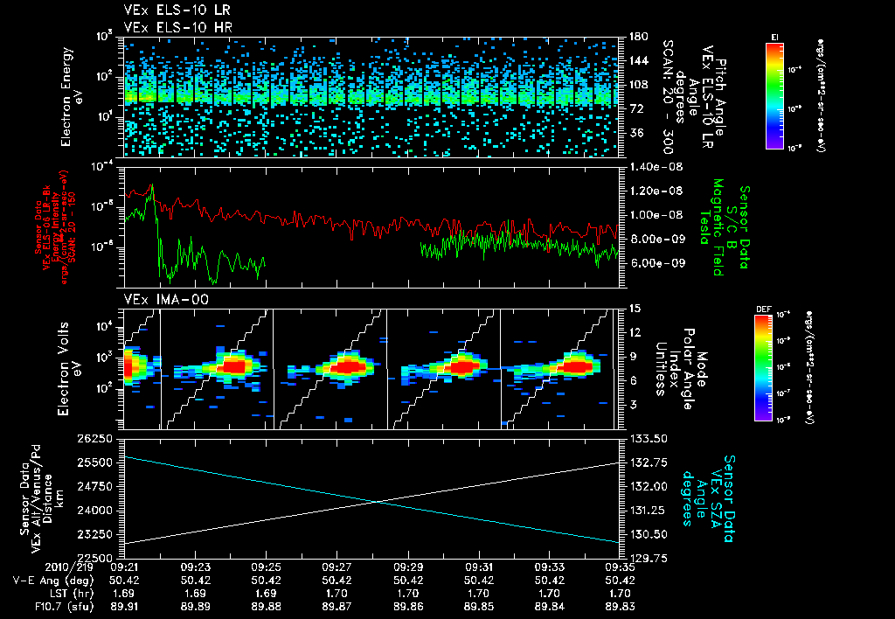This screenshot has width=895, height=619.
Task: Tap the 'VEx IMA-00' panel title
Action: (158, 299)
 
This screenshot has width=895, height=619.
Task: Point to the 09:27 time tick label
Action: (336, 567)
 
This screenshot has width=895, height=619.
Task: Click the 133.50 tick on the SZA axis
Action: (646, 437)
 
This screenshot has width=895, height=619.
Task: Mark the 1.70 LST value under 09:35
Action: (621, 591)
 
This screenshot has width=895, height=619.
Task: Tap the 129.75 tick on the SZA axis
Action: (646, 556)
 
